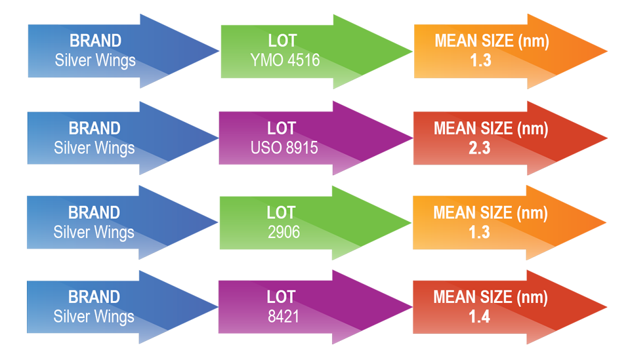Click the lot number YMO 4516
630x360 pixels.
click(x=285, y=60)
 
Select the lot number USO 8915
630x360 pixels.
click(x=284, y=148)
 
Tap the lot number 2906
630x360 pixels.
click(x=283, y=232)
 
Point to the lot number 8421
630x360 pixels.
click(x=283, y=317)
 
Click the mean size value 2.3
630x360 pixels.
click(x=479, y=148)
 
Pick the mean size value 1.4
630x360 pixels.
click(x=479, y=317)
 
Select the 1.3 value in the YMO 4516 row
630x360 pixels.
click(x=480, y=60)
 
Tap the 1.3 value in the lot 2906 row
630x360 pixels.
click(x=479, y=232)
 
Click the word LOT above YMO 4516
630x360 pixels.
click(x=282, y=41)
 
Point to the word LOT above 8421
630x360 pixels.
click(x=281, y=297)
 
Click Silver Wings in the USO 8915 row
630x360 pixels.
click(x=94, y=148)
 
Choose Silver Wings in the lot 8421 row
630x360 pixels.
click(x=94, y=317)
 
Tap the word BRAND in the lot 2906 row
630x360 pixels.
click(x=94, y=212)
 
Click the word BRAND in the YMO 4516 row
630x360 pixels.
click(x=96, y=41)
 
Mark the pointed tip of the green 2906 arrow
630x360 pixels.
click(x=411, y=223)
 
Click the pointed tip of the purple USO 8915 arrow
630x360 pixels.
click(x=412, y=138)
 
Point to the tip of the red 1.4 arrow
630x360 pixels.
click(x=606, y=308)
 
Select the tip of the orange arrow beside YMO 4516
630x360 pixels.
click(x=606, y=51)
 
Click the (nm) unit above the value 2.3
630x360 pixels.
click(x=532, y=129)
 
